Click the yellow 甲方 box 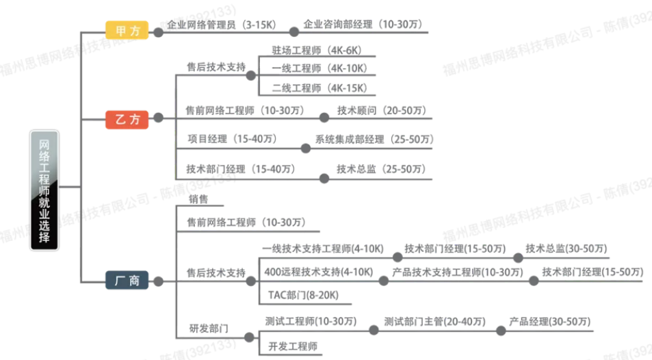click(x=127, y=31)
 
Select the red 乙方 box click(x=127, y=118)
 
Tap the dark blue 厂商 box click(x=127, y=280)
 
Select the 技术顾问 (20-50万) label click(x=381, y=110)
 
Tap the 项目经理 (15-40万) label click(x=232, y=139)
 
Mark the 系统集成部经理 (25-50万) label click(x=374, y=139)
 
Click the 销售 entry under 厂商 click(x=198, y=199)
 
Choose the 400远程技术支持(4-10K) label click(x=318, y=272)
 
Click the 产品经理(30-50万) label click(x=550, y=322)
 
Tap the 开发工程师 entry click(x=294, y=346)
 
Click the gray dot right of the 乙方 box click(x=158, y=118)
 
